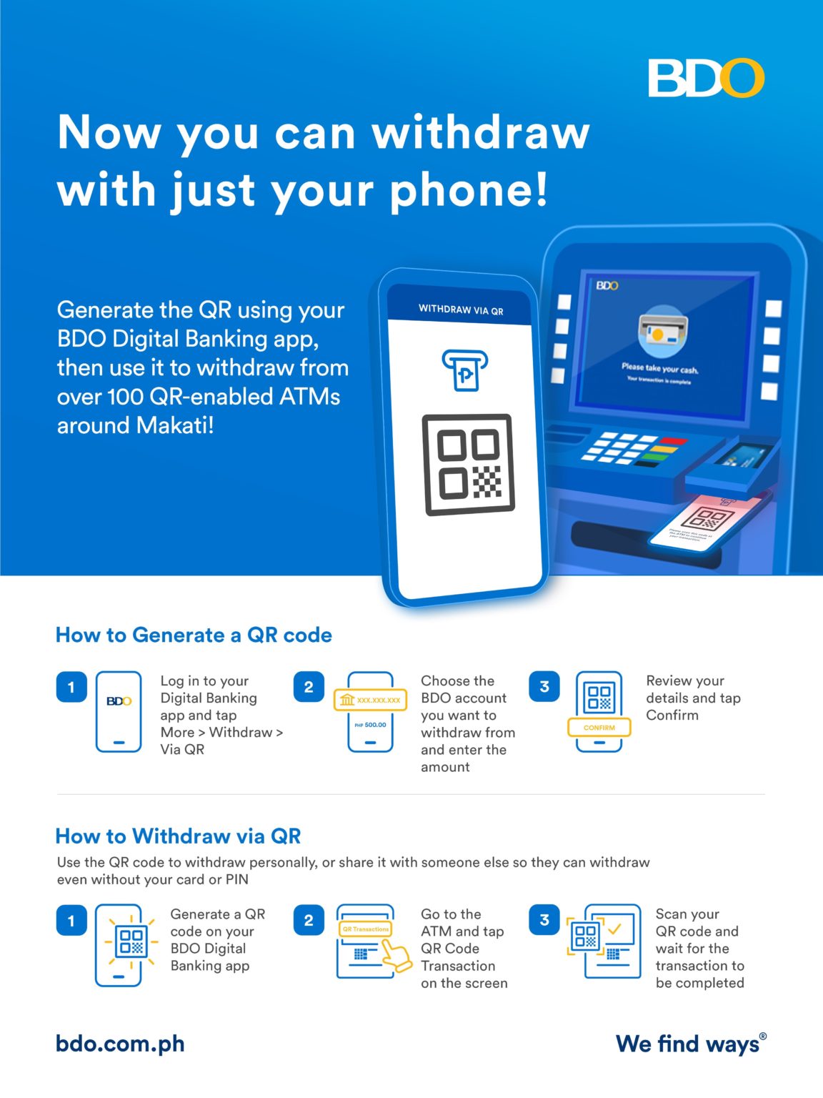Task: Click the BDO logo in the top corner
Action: [x=706, y=78]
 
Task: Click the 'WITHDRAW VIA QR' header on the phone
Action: [x=461, y=310]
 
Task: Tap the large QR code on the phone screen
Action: [x=469, y=464]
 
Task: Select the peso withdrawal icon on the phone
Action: [x=464, y=370]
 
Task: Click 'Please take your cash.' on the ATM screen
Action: [x=659, y=369]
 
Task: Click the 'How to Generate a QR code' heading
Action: [x=194, y=635]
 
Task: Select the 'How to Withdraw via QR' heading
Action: [x=178, y=836]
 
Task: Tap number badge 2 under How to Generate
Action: [x=309, y=687]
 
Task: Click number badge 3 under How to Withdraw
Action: [x=544, y=920]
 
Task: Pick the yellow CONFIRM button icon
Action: [x=599, y=728]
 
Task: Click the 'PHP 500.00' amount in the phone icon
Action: [x=370, y=725]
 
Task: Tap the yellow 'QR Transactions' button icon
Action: [x=366, y=929]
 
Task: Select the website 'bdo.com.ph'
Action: [x=120, y=1044]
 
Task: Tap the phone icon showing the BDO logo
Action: [x=119, y=711]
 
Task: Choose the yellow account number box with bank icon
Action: [x=370, y=700]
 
